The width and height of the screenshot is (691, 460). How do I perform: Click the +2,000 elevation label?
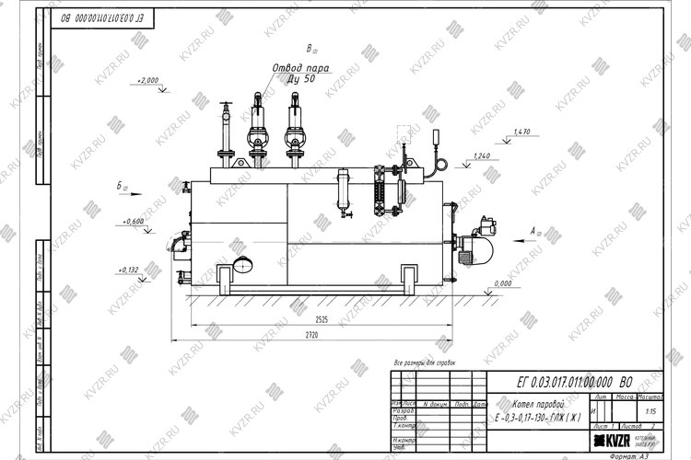tap(147, 81)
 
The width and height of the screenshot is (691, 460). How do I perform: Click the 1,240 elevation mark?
tap(480, 155)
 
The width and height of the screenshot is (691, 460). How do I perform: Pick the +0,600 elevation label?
tap(134, 222)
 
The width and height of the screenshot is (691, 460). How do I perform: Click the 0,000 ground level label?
tap(503, 283)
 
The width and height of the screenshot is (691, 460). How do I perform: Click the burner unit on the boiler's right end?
tap(482, 246)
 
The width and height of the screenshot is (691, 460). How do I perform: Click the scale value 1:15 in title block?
tap(650, 412)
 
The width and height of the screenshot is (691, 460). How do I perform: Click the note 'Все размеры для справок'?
tap(424, 363)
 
